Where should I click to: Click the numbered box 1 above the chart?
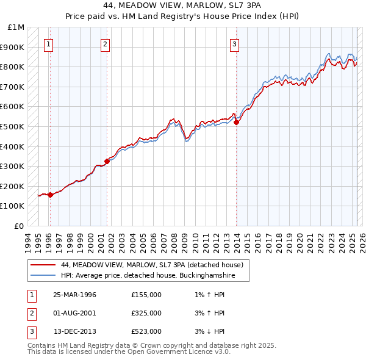(48, 43)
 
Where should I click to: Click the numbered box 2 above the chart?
(105, 43)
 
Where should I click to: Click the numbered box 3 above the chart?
(235, 43)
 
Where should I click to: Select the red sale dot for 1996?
(50, 195)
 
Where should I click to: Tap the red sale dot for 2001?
(107, 162)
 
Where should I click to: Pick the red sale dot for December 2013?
(237, 122)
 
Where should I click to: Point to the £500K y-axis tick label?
(13, 126)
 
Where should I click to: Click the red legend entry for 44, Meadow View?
(152, 265)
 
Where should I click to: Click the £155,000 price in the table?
(146, 295)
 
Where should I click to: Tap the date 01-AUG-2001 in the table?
(75, 313)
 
